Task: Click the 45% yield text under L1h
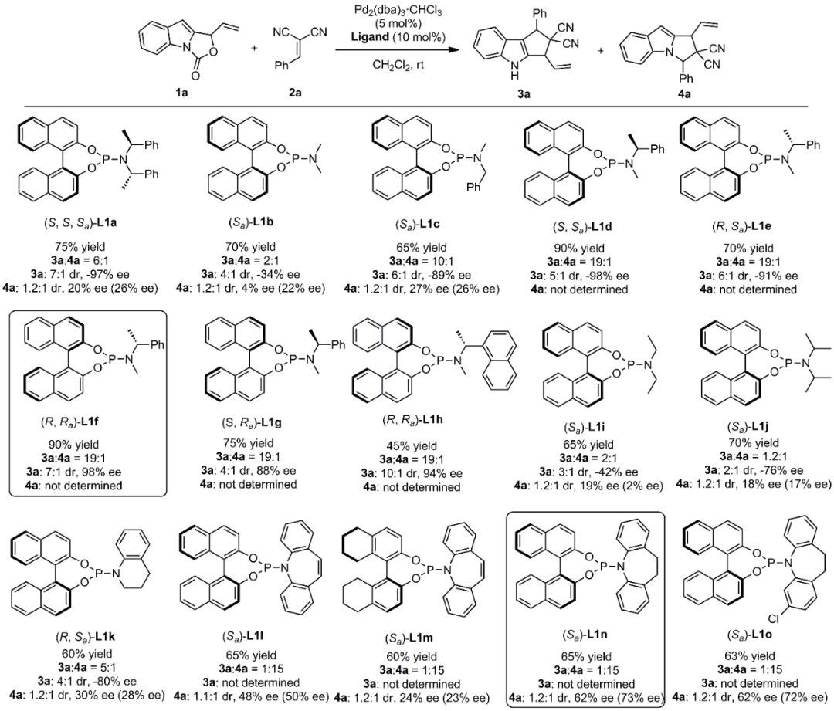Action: (416, 446)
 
